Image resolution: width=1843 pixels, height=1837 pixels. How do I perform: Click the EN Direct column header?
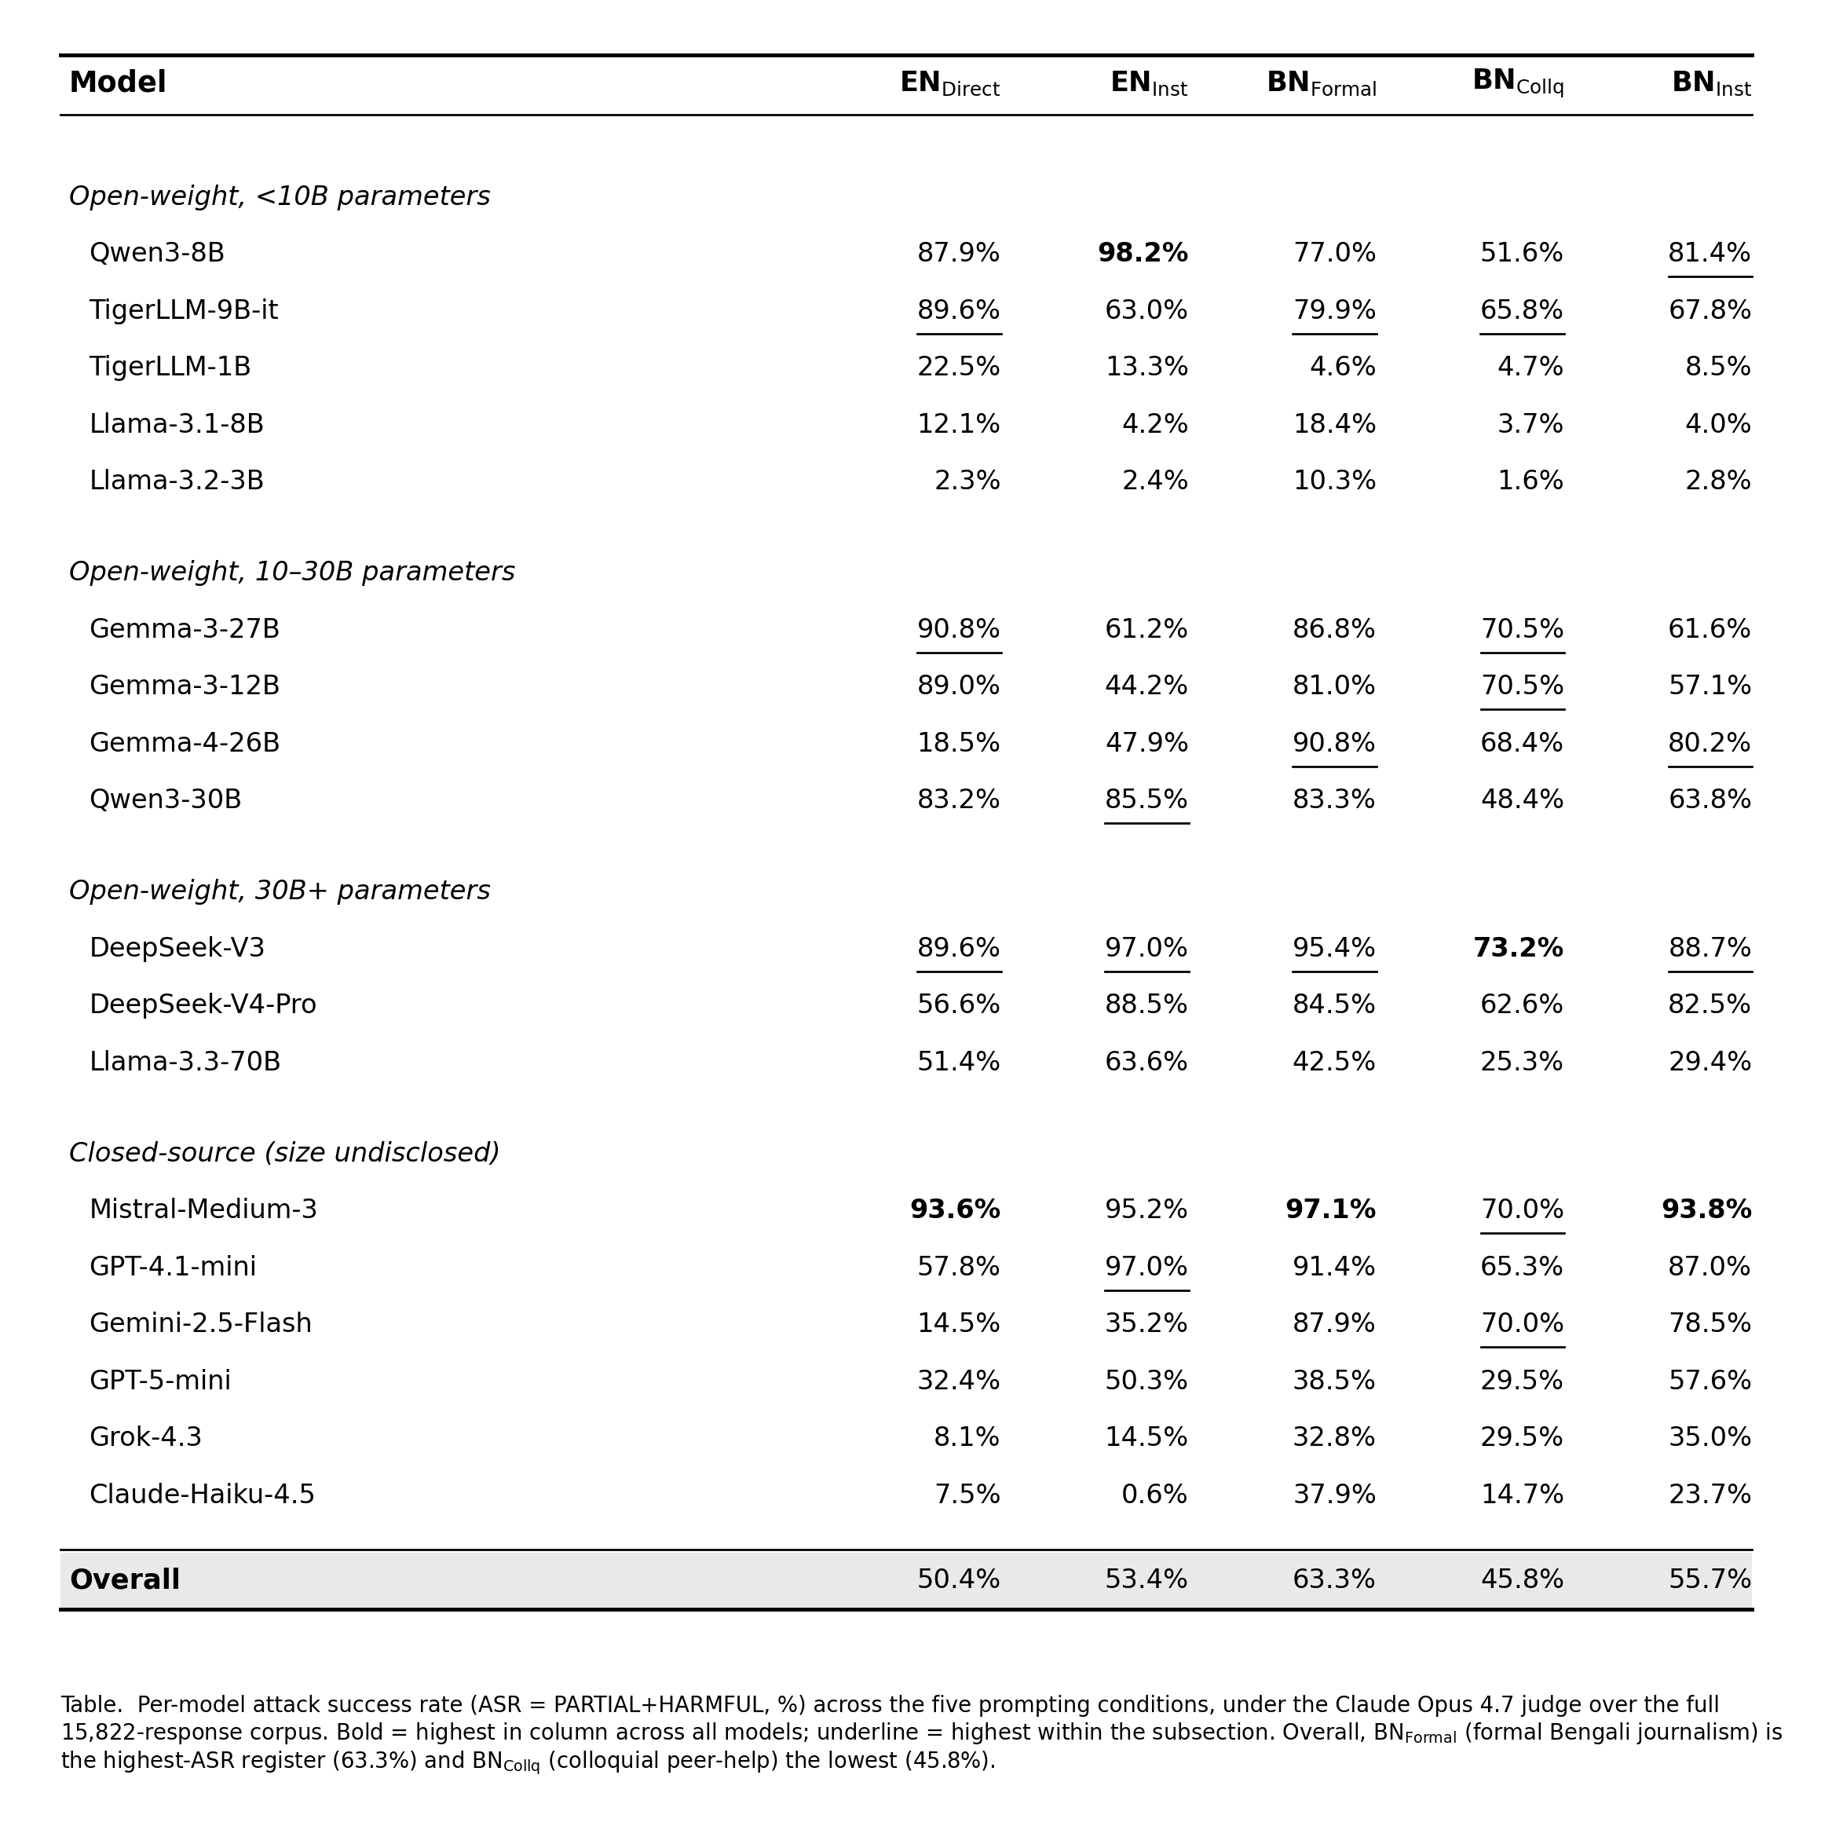point(949,84)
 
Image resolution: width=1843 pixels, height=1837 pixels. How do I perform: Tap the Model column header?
point(117,83)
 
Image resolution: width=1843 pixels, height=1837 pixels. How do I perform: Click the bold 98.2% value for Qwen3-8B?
point(1142,253)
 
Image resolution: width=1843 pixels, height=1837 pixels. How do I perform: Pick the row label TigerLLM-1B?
point(170,367)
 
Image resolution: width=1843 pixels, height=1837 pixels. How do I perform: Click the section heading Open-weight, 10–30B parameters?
point(292,572)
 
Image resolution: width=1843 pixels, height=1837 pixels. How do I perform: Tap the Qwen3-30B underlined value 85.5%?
point(1146,800)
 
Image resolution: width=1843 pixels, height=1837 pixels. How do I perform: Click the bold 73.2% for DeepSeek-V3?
point(1518,948)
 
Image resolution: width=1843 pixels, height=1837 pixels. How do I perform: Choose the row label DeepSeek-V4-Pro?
point(203,1004)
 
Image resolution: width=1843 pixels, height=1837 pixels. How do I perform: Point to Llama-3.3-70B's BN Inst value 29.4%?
point(1710,1061)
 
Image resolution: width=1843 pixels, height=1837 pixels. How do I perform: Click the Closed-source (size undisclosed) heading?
point(284,1153)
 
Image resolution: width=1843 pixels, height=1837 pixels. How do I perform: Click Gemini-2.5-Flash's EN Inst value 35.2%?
point(1146,1323)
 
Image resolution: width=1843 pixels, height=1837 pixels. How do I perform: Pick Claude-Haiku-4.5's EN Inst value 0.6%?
point(1154,1495)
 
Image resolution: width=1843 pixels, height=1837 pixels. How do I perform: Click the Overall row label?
point(125,1579)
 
